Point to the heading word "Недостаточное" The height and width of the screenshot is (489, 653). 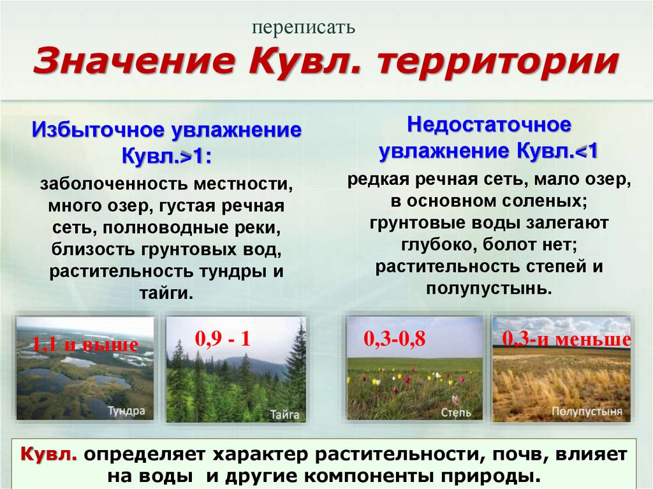(489, 125)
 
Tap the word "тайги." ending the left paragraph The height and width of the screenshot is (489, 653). (166, 293)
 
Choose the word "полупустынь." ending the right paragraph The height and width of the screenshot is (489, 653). (489, 288)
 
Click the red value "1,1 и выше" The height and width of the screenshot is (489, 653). (85, 345)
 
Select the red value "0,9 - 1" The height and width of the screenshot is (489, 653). (223, 339)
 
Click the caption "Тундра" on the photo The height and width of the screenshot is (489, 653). (126, 411)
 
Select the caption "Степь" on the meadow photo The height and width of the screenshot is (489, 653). (456, 412)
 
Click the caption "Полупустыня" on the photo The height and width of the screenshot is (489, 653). (587, 411)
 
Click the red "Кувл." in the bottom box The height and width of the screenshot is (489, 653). (50, 455)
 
